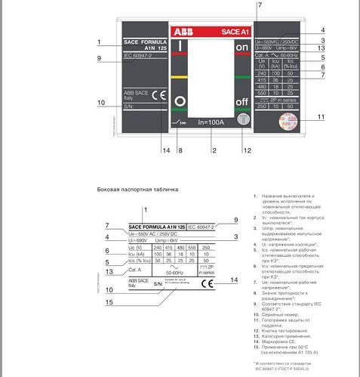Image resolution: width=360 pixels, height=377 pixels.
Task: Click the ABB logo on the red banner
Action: (183, 33)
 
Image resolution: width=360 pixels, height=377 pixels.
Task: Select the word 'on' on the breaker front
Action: (242, 48)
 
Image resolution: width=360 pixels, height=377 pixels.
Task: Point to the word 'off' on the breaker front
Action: (242, 102)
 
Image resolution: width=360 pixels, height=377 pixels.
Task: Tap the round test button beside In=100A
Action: (242, 121)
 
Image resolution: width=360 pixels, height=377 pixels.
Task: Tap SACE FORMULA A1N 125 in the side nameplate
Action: (155, 226)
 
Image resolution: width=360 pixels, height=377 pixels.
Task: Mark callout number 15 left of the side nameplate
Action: (109, 302)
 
